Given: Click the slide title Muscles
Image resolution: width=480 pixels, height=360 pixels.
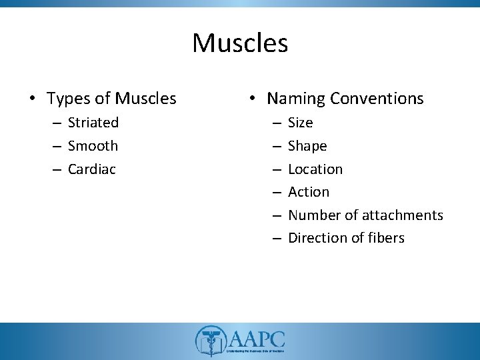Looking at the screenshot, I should [x=240, y=43].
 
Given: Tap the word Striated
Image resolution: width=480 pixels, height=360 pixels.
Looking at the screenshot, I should [x=93, y=123].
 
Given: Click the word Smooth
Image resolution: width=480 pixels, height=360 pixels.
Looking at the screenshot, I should [x=93, y=145].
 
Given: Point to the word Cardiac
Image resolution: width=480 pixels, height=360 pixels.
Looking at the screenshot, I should [x=92, y=169].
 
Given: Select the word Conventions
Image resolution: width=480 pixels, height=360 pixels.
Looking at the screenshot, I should [x=377, y=99].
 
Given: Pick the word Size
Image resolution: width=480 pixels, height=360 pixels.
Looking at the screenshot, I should [x=300, y=123].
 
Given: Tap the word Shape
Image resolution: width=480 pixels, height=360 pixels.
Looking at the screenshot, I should [x=307, y=145].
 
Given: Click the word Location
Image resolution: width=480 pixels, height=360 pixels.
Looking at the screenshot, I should [x=315, y=169].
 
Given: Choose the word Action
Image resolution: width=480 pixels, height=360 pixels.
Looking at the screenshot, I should [x=309, y=192].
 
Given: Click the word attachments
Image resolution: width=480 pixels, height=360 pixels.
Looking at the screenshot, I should [x=403, y=215].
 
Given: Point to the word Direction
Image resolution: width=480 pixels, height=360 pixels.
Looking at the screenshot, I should [x=317, y=238].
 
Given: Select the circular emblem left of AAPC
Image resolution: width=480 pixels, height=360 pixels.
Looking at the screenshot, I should [x=209, y=340].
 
